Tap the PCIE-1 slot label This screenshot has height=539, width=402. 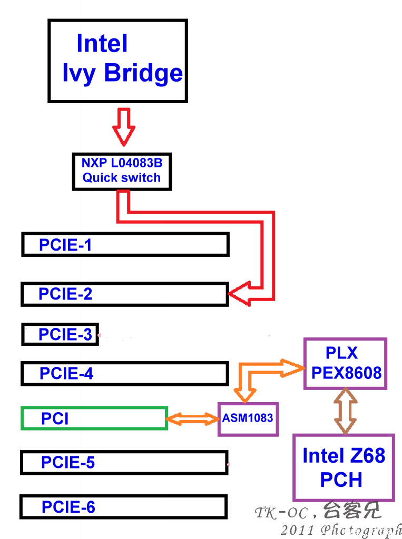tap(65, 245)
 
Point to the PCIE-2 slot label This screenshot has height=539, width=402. tap(65, 294)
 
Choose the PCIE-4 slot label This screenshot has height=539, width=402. tap(66, 373)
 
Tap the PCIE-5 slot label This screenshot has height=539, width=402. tap(68, 462)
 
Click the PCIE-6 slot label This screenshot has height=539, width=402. tap(68, 507)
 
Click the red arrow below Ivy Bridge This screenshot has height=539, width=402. tap(124, 127)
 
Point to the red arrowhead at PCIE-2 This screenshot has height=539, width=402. tap(240, 294)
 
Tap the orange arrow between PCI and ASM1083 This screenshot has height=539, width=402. tap(193, 419)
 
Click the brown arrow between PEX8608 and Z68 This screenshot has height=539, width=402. tap(346, 412)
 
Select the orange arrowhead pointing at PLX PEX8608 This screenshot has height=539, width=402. tap(292, 368)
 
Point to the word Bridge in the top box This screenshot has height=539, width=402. tap(143, 73)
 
